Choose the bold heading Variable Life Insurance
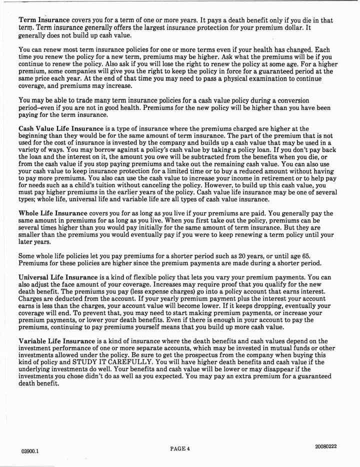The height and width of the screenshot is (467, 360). (x=56, y=341)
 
